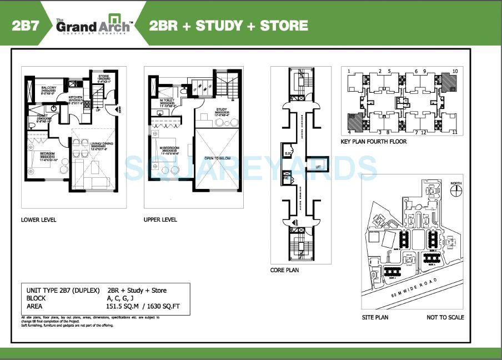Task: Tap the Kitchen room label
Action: [x=76, y=97]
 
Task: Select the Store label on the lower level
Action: [x=104, y=76]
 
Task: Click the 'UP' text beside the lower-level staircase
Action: [x=99, y=110]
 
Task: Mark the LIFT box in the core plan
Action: [x=318, y=166]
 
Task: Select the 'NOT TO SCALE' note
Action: [x=445, y=317]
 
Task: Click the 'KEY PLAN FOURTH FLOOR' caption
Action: [x=374, y=142]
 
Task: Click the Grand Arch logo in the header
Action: [x=94, y=26]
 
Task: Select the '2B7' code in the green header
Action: [x=26, y=26]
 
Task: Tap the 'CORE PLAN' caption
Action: [x=284, y=270]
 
